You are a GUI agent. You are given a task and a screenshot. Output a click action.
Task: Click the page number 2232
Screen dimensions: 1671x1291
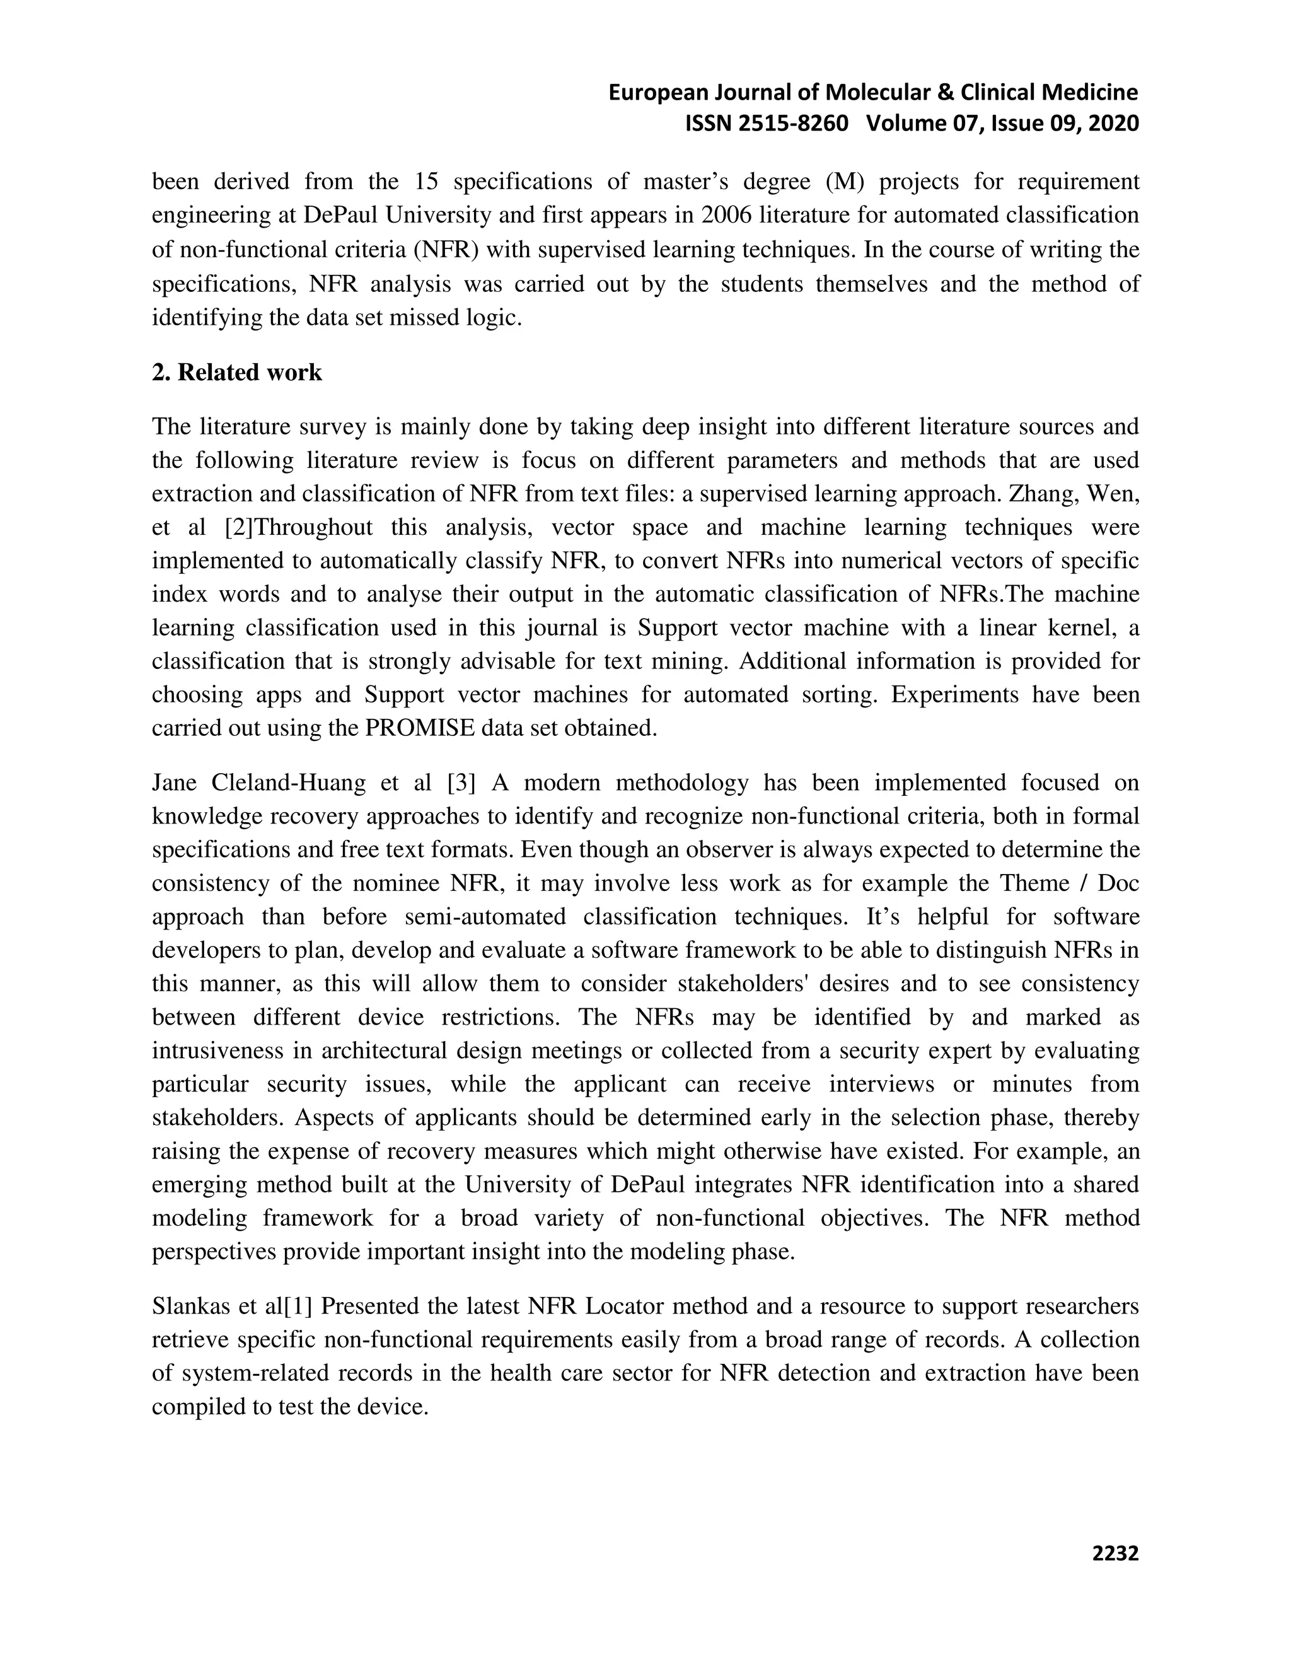coord(1115,1552)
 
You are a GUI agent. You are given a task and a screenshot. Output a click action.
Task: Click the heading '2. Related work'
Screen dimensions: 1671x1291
coord(237,373)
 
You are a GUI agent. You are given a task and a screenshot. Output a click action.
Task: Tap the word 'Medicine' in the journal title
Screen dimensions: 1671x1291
coord(1090,93)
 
